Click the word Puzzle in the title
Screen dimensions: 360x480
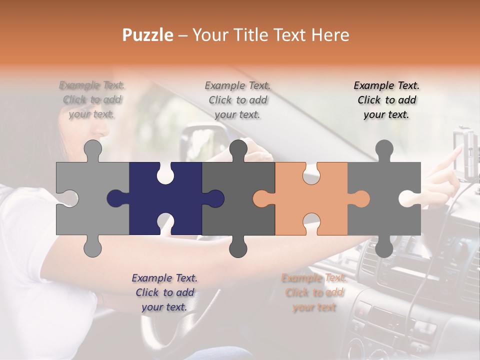pos(148,35)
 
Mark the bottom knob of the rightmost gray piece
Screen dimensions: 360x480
pos(384,247)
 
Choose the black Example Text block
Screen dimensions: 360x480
pos(386,100)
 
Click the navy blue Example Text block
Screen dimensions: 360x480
pos(164,292)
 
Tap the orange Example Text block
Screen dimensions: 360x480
pos(314,292)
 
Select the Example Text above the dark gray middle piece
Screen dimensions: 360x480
pos(237,100)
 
